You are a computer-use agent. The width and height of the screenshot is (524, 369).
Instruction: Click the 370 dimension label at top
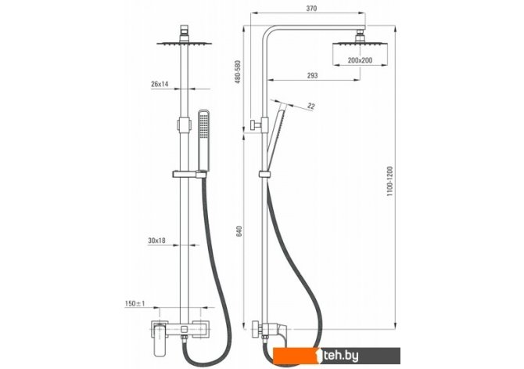pyautogui.click(x=311, y=9)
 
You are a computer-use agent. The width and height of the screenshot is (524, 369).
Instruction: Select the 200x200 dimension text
pyautogui.click(x=360, y=60)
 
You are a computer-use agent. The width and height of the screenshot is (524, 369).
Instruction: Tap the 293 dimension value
pyautogui.click(x=312, y=76)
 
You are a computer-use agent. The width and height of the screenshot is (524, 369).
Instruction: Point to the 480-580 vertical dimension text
pyautogui.click(x=238, y=72)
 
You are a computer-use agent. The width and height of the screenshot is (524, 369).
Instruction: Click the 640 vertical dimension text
pyautogui.click(x=239, y=232)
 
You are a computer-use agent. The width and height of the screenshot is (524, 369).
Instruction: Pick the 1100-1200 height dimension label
pyautogui.click(x=390, y=181)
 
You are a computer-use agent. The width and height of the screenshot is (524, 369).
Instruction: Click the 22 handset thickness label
pyautogui.click(x=311, y=106)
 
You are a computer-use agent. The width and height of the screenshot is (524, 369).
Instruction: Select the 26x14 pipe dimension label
pyautogui.click(x=160, y=84)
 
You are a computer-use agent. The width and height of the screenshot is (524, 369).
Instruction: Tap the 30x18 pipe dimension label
pyautogui.click(x=156, y=241)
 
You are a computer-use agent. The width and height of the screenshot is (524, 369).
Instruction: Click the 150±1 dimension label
pyautogui.click(x=135, y=304)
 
